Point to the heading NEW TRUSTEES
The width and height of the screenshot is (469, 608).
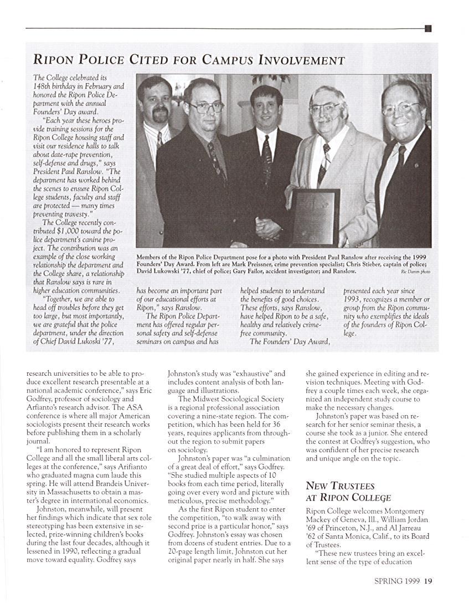[340, 486]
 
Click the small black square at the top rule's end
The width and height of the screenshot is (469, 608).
[428, 28]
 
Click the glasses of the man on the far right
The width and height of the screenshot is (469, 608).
[400, 108]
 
